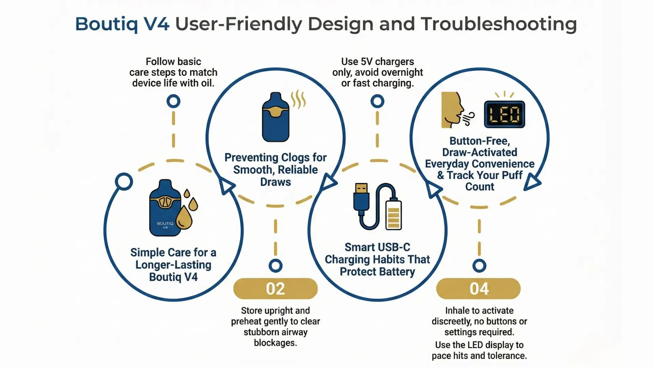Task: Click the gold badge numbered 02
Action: pos(275,289)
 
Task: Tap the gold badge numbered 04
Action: pos(479,289)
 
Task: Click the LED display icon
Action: pos(504,114)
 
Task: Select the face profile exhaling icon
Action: pos(453,110)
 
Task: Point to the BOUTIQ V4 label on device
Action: pos(165,225)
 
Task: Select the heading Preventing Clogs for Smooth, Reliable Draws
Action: pos(275,169)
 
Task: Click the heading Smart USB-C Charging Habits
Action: pos(377,259)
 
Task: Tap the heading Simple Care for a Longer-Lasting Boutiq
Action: pos(173,265)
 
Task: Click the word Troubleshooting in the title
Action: pos(499,24)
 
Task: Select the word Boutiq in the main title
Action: pos(106,24)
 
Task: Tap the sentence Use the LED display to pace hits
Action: pos(479,350)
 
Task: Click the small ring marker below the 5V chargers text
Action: pos(377,101)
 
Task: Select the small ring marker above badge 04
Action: pos(479,265)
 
